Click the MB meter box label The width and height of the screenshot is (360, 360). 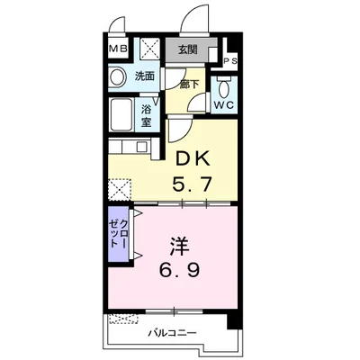pyautogui.click(x=118, y=49)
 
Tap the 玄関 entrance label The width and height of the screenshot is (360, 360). pyautogui.click(x=188, y=49)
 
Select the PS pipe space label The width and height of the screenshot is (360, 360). pyautogui.click(x=230, y=61)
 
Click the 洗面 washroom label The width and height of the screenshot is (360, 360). pyautogui.click(x=145, y=76)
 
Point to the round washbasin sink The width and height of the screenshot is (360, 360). pyautogui.click(x=117, y=76)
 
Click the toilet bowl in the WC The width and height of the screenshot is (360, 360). pyautogui.click(x=223, y=88)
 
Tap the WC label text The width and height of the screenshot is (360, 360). pyautogui.click(x=223, y=105)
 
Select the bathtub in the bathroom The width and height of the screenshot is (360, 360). pyautogui.click(x=121, y=114)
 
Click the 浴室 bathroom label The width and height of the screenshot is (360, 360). pyautogui.click(x=146, y=116)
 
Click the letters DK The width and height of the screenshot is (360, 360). pyautogui.click(x=193, y=160)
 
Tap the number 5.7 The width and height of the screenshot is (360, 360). pyautogui.click(x=193, y=184)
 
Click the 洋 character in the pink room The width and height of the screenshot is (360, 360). pyautogui.click(x=180, y=247)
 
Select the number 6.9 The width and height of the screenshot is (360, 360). pyautogui.click(x=179, y=271)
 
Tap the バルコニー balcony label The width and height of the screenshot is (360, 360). pyautogui.click(x=172, y=333)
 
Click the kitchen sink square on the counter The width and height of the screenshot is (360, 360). pyautogui.click(x=141, y=147)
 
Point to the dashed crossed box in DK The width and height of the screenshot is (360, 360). pyautogui.click(x=120, y=190)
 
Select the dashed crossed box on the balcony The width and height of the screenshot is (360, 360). pyautogui.click(x=123, y=319)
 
